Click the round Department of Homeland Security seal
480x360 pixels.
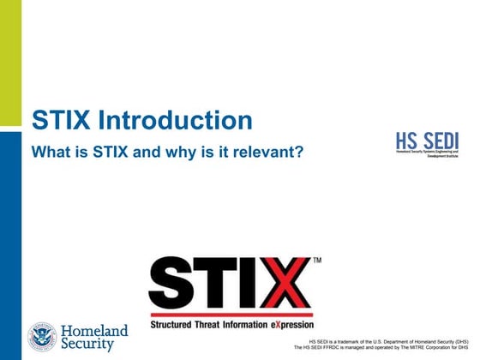pyautogui.click(x=42, y=337)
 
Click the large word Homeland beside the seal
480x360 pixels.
pyautogui.click(x=95, y=331)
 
